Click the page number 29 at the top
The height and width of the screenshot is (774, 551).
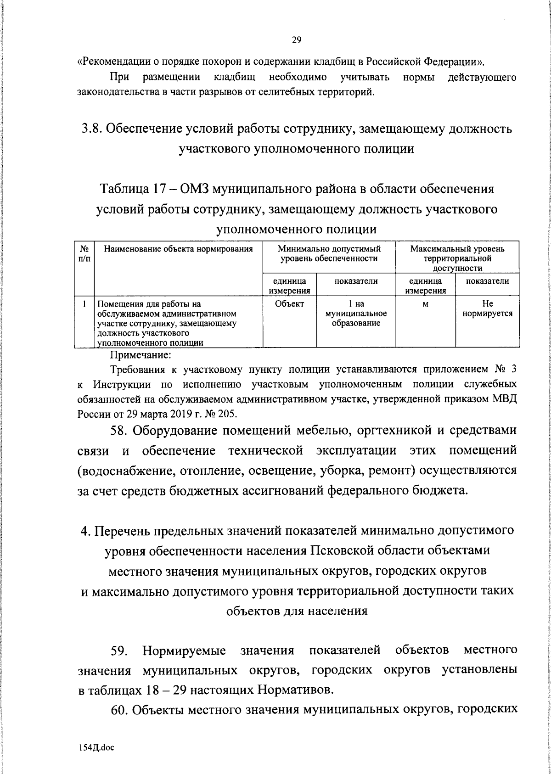[296, 40]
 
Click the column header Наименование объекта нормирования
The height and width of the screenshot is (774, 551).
[179, 249]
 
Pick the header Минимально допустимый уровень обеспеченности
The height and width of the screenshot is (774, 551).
[329, 254]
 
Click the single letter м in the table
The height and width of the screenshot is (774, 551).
[425, 304]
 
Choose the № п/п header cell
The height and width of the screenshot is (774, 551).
[84, 253]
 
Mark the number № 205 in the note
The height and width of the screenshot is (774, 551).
[222, 414]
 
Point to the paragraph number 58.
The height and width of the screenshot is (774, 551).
[122, 432]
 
